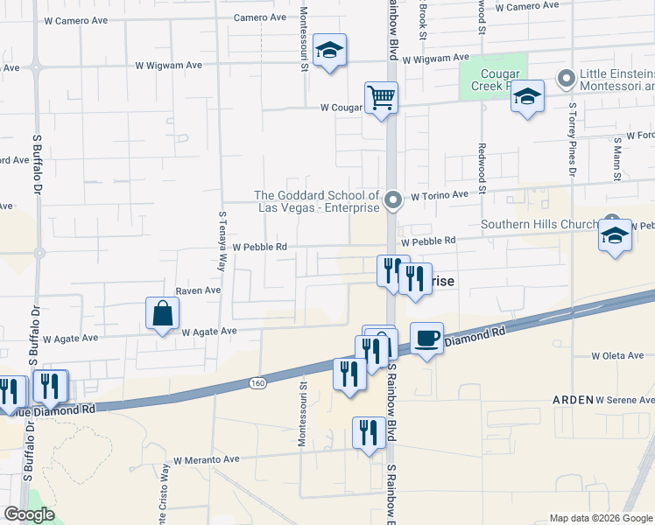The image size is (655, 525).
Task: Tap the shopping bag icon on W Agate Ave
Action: click(x=163, y=313)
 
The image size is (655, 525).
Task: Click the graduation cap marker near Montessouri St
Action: click(x=329, y=50)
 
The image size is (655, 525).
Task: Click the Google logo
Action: click(x=29, y=514)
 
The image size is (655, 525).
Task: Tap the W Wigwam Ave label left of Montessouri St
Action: click(x=169, y=65)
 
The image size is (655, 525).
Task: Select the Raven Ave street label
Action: click(x=199, y=290)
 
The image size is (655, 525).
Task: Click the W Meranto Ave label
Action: click(x=206, y=459)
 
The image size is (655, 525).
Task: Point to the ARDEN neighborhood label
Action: click(x=573, y=399)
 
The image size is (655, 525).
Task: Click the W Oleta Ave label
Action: click(x=619, y=356)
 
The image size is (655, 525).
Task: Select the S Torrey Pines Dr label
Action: click(x=572, y=150)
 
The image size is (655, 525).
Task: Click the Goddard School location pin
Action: click(x=393, y=201)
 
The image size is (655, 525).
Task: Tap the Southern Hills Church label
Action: click(x=551, y=224)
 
